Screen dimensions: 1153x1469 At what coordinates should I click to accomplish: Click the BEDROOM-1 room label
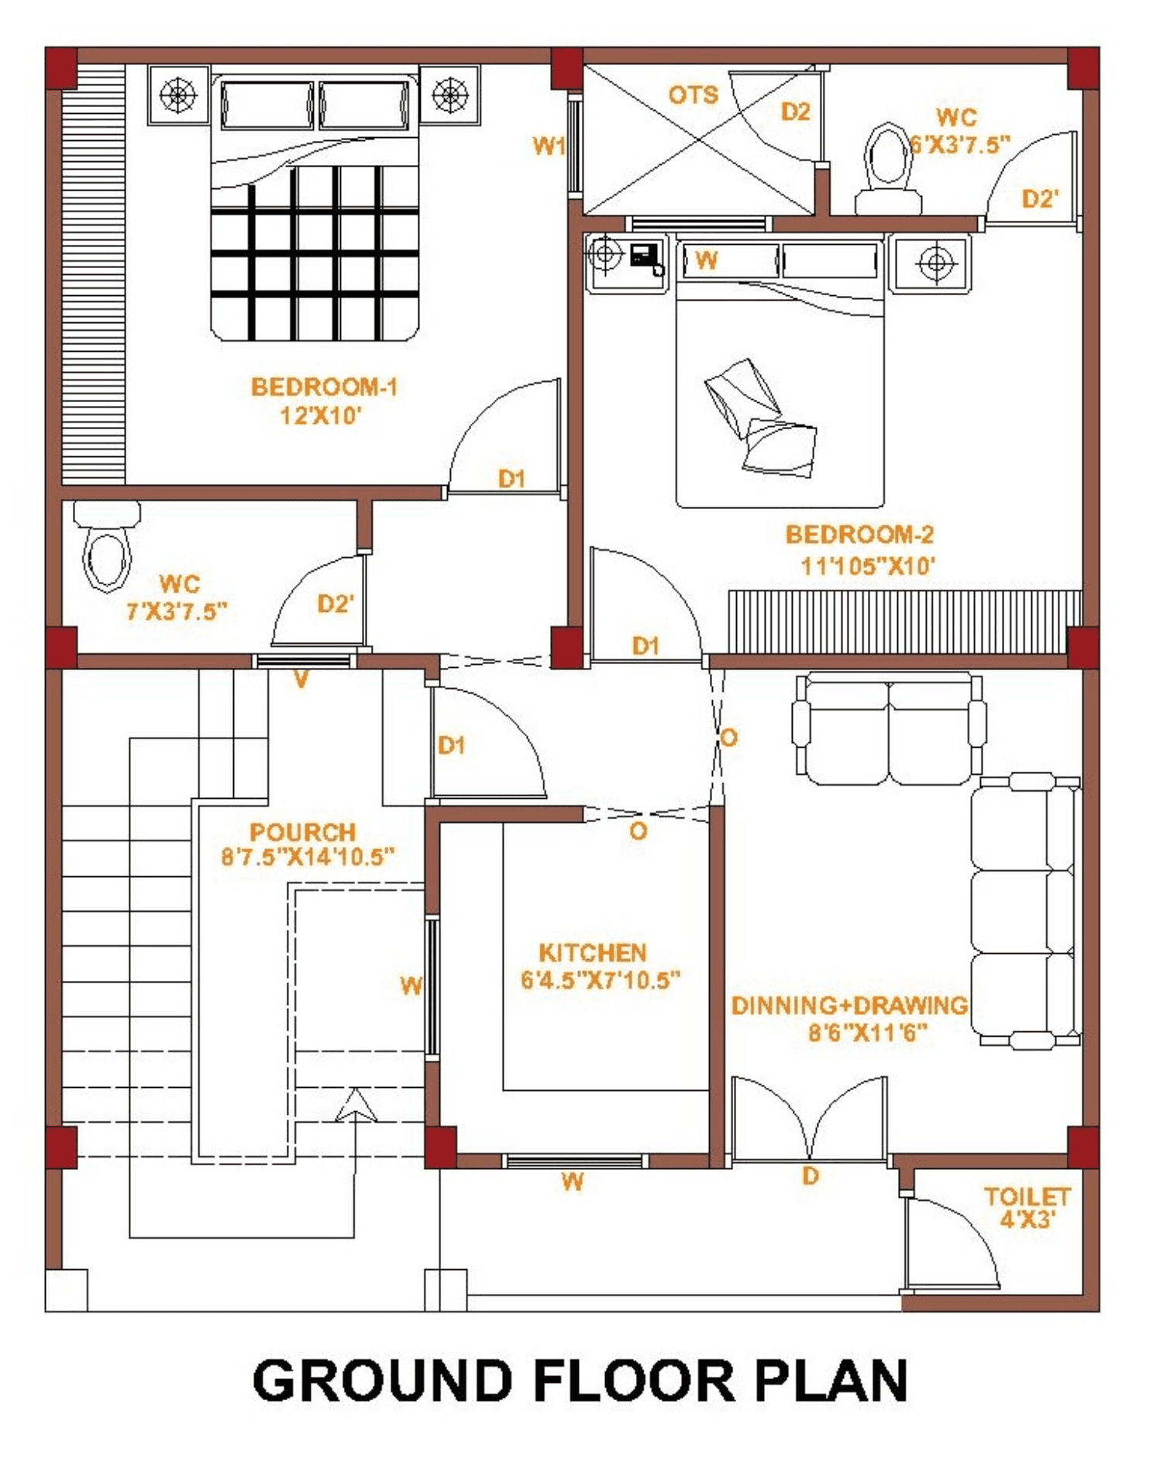[x=324, y=387]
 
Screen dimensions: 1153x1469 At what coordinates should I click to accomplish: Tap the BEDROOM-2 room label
[x=859, y=535]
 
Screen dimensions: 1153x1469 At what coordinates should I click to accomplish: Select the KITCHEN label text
[x=593, y=952]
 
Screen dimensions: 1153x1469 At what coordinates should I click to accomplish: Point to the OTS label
[x=694, y=95]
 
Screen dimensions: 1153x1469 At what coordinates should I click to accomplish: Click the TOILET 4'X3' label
[x=1027, y=1208]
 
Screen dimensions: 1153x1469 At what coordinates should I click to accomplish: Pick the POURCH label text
[x=302, y=832]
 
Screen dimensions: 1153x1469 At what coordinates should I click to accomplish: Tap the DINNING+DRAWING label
[x=850, y=1005]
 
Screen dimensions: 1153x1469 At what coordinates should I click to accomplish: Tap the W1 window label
[x=549, y=145]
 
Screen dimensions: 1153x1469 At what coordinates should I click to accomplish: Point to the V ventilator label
[x=301, y=679]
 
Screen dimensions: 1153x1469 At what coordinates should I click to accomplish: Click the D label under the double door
[x=811, y=1176]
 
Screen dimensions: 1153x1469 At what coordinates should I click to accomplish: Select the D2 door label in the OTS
[x=795, y=112]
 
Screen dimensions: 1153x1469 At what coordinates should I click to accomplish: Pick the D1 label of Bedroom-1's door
[x=511, y=479]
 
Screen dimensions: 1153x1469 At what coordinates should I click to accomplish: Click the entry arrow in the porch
[x=356, y=1106]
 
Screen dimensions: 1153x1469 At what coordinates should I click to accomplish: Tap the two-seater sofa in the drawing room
[x=889, y=728]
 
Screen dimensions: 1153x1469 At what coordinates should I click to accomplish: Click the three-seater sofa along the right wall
[x=1025, y=911]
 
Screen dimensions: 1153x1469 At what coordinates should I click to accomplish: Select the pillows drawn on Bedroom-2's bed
[x=759, y=418]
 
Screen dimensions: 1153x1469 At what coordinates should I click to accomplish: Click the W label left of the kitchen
[x=411, y=986]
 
